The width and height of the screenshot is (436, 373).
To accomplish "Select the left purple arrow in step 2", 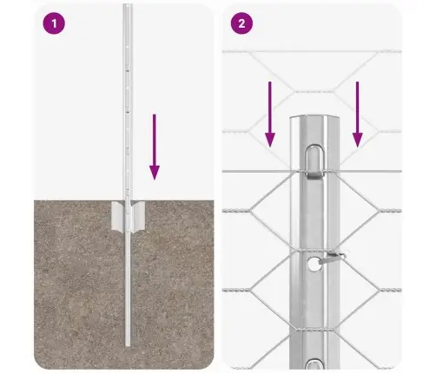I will (x=270, y=113).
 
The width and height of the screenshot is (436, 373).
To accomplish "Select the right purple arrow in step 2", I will (x=356, y=113).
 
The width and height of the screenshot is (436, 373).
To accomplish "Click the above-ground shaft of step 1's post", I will (x=129, y=104).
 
